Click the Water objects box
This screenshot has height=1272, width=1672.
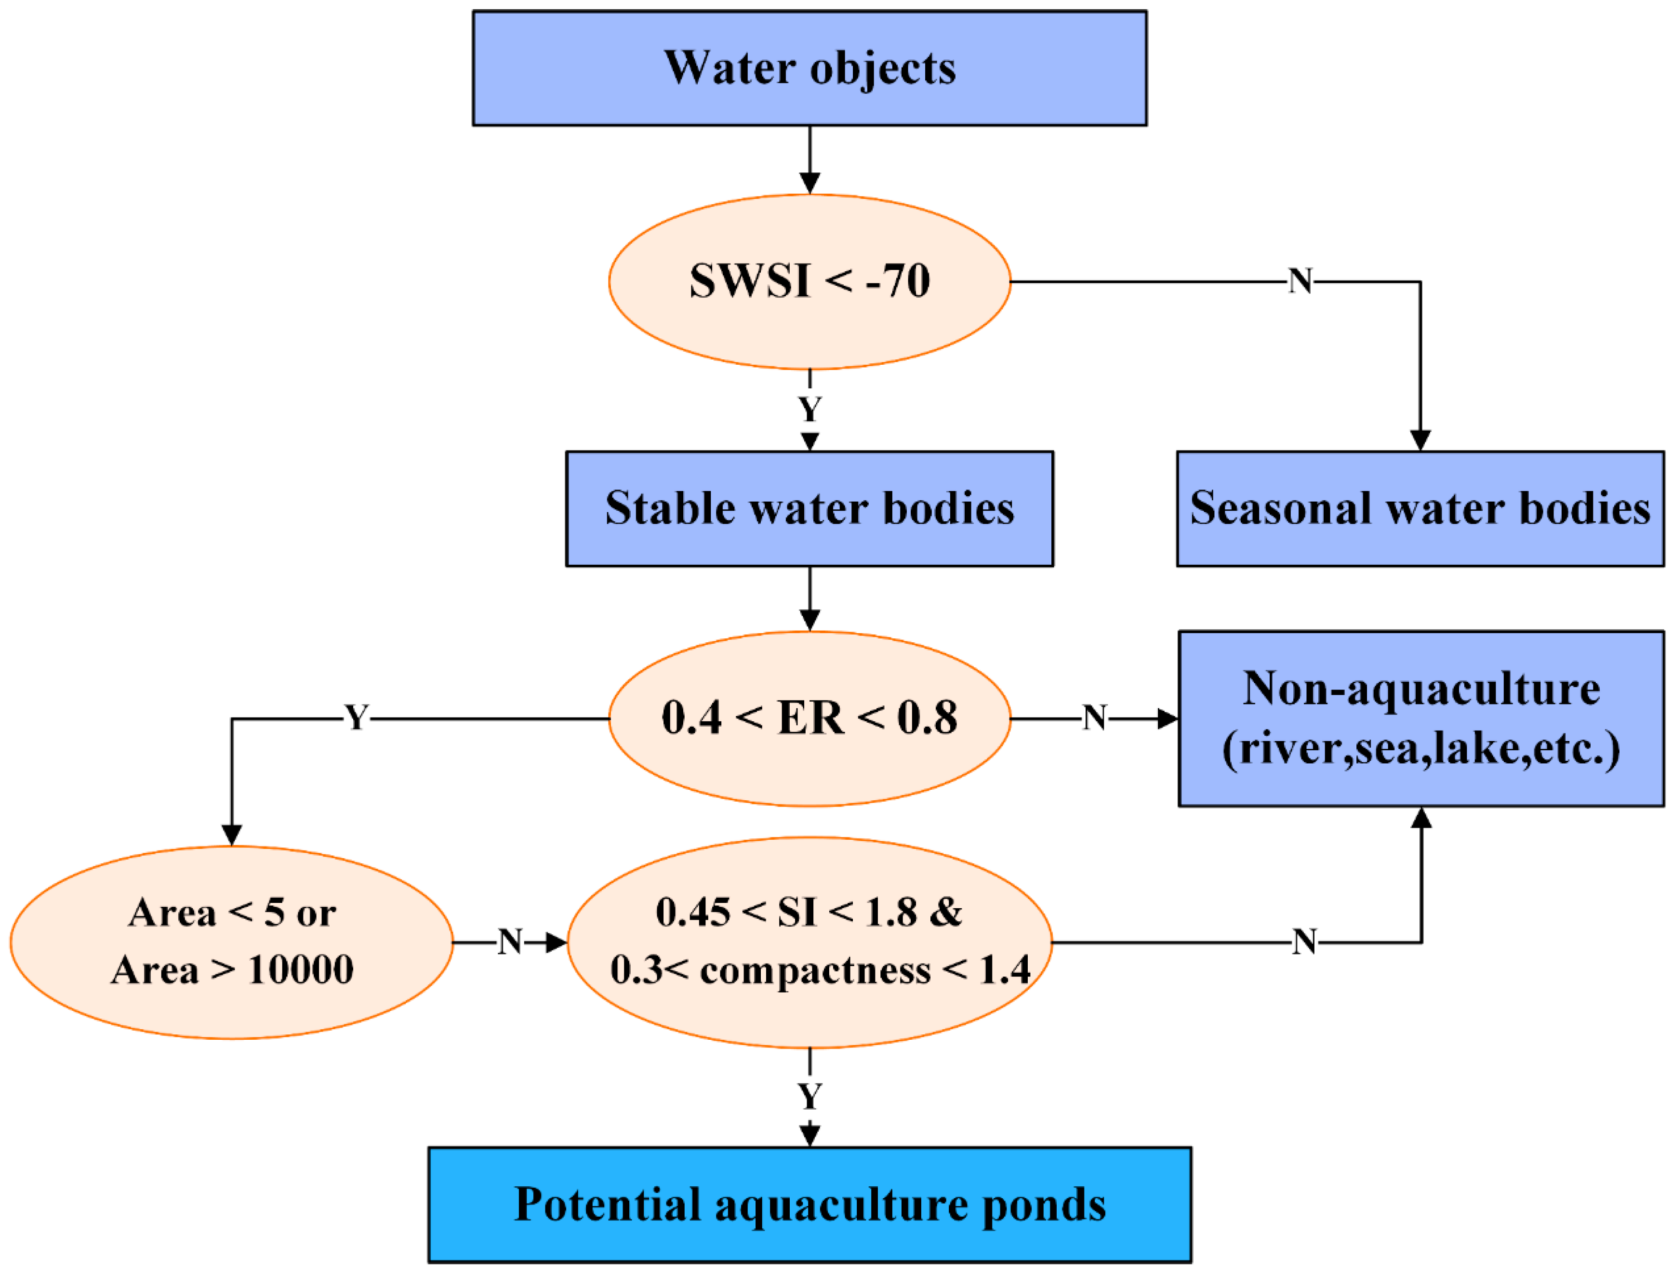click(x=809, y=68)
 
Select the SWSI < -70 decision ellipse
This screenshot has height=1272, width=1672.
click(x=809, y=282)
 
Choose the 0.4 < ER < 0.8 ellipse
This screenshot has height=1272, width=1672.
click(x=809, y=718)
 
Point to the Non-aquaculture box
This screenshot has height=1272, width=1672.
click(x=1420, y=718)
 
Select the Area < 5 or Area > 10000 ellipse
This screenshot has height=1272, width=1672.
click(x=232, y=942)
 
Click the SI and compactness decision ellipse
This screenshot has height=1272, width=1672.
click(x=809, y=942)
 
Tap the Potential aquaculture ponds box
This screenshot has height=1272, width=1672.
click(x=809, y=1204)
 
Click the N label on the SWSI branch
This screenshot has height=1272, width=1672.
click(x=1300, y=282)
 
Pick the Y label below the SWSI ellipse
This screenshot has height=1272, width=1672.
click(x=809, y=410)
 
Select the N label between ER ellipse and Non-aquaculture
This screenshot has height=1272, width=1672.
click(x=1095, y=718)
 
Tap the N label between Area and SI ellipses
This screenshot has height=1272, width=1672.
click(x=510, y=942)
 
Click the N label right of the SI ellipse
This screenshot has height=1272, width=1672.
click(x=1304, y=942)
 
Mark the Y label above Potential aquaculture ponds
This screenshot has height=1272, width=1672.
click(x=809, y=1096)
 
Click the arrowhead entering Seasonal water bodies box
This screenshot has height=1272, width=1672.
click(x=1420, y=441)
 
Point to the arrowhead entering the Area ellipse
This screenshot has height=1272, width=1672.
click(x=232, y=835)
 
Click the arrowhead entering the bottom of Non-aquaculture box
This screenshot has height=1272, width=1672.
click(x=1421, y=818)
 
